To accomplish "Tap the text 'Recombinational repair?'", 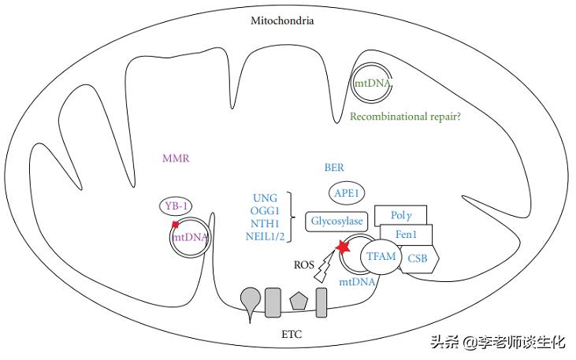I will [407, 117].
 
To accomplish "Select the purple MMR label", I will [176, 158].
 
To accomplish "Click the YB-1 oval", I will [177, 206].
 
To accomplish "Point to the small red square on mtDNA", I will [176, 225].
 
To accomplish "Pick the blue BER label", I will [334, 168].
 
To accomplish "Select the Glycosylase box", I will [336, 223].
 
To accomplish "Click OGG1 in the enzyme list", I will [265, 210].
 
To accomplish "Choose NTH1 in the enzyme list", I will [265, 224].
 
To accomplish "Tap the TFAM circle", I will [381, 256].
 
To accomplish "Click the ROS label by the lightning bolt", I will [302, 266].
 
